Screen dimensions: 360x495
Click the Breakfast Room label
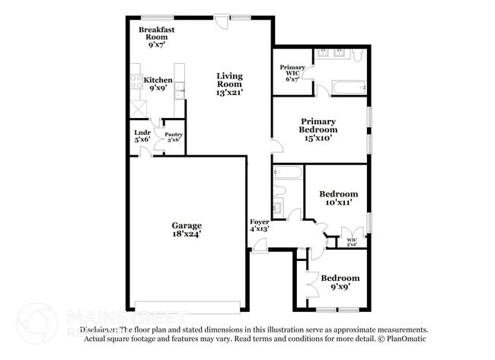pos(157,37)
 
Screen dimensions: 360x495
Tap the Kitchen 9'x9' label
pos(158,84)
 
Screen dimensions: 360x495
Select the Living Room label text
pos(229,84)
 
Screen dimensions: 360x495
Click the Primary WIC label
pos(292,72)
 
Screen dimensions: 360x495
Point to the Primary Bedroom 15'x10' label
pos(318,129)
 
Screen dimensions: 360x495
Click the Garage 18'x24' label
pos(186,230)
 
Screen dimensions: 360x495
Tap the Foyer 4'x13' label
pos(260,225)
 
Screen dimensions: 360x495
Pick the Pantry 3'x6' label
pos(174,137)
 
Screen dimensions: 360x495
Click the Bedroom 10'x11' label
pos(338,199)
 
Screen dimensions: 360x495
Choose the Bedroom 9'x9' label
pos(340,282)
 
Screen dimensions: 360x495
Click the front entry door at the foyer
pos(260,245)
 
